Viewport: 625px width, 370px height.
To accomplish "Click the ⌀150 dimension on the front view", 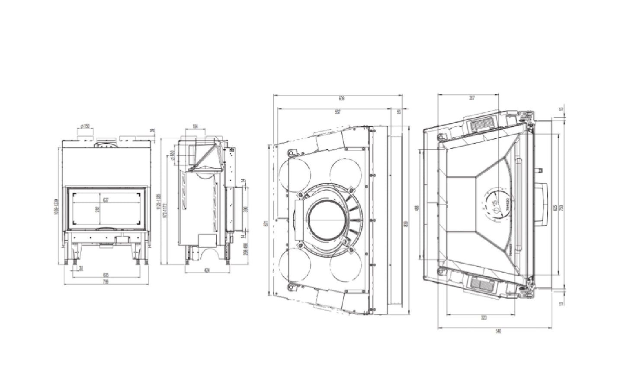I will coord(85,126).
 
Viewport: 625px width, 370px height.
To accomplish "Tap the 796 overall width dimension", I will coord(105,281).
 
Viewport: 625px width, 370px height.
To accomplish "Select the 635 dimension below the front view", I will coord(105,274).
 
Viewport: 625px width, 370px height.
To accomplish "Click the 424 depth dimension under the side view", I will coord(206,271).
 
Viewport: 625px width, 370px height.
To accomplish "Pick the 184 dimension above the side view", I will coord(195,126).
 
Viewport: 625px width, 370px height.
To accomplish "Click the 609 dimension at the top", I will coord(341,99).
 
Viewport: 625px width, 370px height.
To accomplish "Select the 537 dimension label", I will coord(337,112).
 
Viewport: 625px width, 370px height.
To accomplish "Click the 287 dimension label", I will coord(472,98).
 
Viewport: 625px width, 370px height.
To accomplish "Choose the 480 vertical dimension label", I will coord(417,208).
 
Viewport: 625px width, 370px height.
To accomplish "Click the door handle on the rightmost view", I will coord(541,203).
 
